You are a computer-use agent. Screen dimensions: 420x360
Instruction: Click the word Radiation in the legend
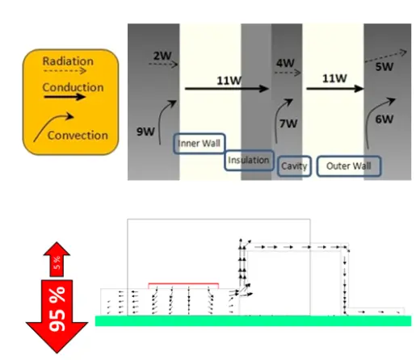coord(68,61)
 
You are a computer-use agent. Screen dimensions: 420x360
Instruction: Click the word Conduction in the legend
coord(73,87)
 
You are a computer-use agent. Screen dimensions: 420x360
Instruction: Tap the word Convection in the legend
coord(78,135)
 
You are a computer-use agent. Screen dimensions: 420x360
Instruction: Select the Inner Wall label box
coord(199,144)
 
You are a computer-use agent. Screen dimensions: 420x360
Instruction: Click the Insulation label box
coord(249,161)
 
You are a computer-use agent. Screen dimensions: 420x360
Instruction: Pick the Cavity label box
coord(294,166)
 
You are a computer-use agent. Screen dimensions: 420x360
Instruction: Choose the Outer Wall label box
coord(349,166)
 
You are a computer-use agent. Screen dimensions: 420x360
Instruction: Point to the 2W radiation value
coord(162,56)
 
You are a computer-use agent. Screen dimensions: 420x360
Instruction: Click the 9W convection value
coord(145,132)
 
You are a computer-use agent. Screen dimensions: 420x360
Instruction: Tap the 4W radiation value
coord(285,63)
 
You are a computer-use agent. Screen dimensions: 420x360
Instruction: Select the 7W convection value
coord(288,123)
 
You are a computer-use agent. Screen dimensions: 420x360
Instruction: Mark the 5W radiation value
coord(384,66)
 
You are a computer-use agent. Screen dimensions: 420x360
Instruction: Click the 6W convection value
coord(384,119)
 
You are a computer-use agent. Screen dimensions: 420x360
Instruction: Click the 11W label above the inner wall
coord(229,81)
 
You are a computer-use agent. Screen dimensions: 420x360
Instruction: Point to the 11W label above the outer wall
coord(334,78)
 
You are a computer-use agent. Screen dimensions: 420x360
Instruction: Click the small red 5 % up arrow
coord(57,259)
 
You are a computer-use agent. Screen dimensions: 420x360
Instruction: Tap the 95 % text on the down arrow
coord(57,308)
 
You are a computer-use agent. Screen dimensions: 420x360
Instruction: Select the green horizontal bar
coord(253,321)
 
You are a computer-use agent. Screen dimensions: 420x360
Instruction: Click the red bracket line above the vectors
coord(183,283)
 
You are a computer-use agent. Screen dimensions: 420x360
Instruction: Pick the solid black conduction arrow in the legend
coord(65,97)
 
